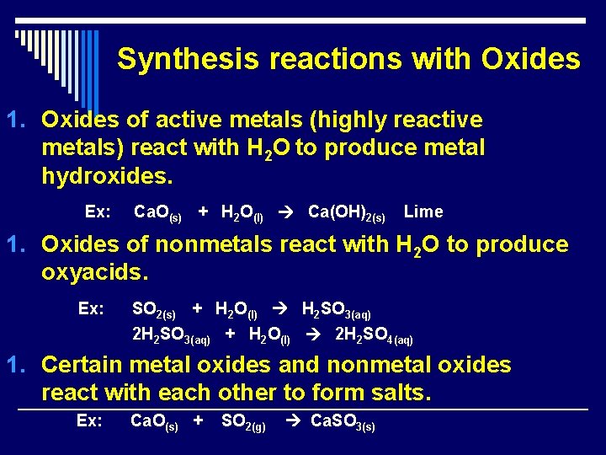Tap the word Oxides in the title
tap(530, 59)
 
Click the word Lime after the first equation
tap(423, 211)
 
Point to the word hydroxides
tap(107, 176)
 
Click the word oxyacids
tap(94, 273)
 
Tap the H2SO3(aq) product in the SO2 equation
tap(336, 309)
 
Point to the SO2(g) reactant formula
tap(243, 421)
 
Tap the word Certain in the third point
tap(82, 365)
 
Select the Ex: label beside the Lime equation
tap(98, 211)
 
